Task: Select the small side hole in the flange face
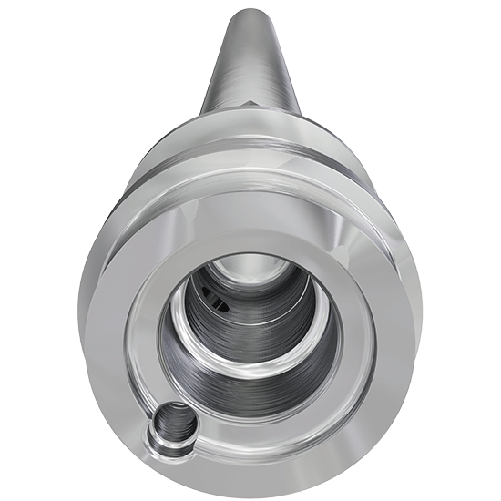point(171,425)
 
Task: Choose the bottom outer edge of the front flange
point(250,492)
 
